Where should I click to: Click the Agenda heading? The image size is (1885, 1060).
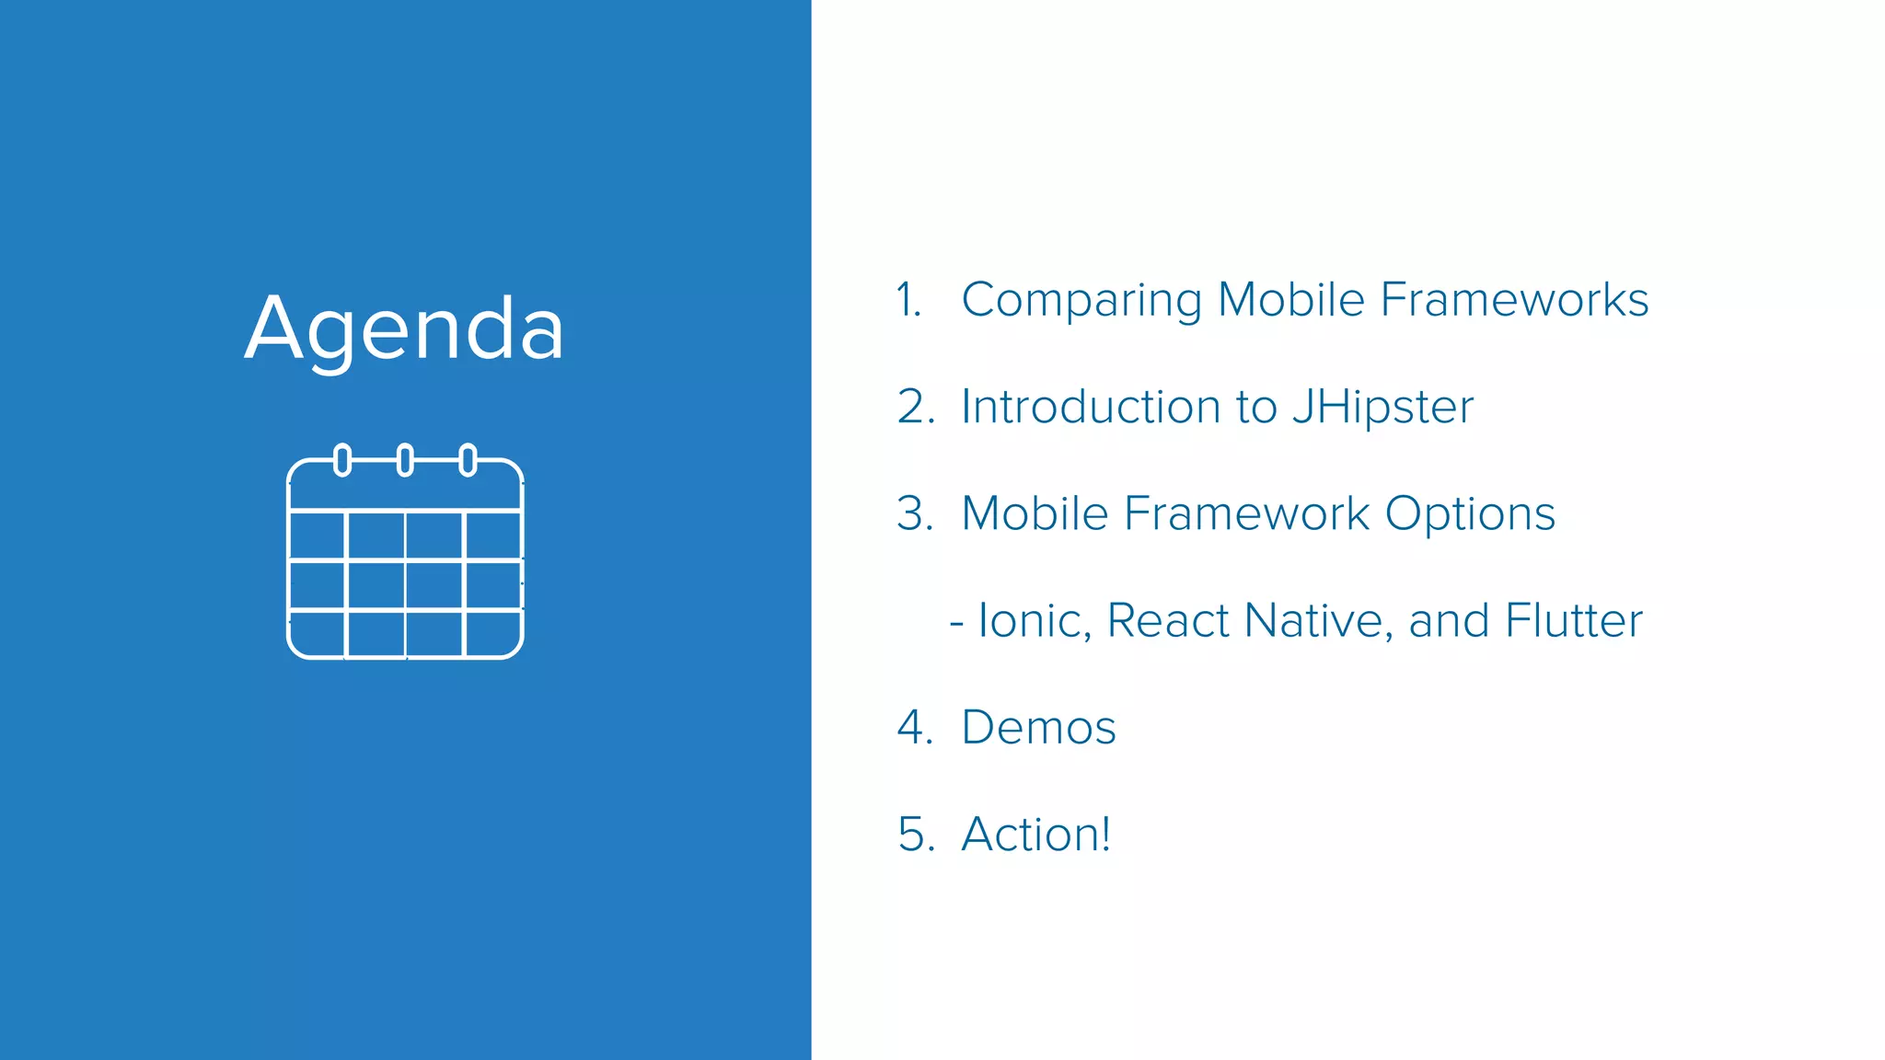(404, 329)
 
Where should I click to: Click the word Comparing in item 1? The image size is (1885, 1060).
(1081, 301)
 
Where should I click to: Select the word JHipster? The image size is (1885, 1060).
(1382, 407)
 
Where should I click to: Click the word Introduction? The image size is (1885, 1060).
(1092, 407)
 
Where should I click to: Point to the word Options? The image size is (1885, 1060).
(1470, 513)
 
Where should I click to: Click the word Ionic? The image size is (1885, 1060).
(1033, 621)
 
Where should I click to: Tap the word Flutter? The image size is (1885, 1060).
(1573, 620)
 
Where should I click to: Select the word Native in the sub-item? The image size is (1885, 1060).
(1313, 620)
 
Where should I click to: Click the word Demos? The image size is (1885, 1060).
(1038, 728)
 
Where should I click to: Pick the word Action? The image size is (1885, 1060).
(1035, 835)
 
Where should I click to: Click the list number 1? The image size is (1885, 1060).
(908, 300)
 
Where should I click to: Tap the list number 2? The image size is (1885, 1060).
(915, 407)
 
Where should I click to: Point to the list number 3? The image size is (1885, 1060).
(915, 513)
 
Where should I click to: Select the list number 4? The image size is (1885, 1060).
(915, 728)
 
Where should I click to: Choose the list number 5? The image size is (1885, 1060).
(915, 835)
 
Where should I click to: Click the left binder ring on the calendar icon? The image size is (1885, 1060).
(342, 459)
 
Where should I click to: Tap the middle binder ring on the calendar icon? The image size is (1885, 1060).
(405, 459)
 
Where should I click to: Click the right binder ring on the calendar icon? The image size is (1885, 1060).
(468, 459)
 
